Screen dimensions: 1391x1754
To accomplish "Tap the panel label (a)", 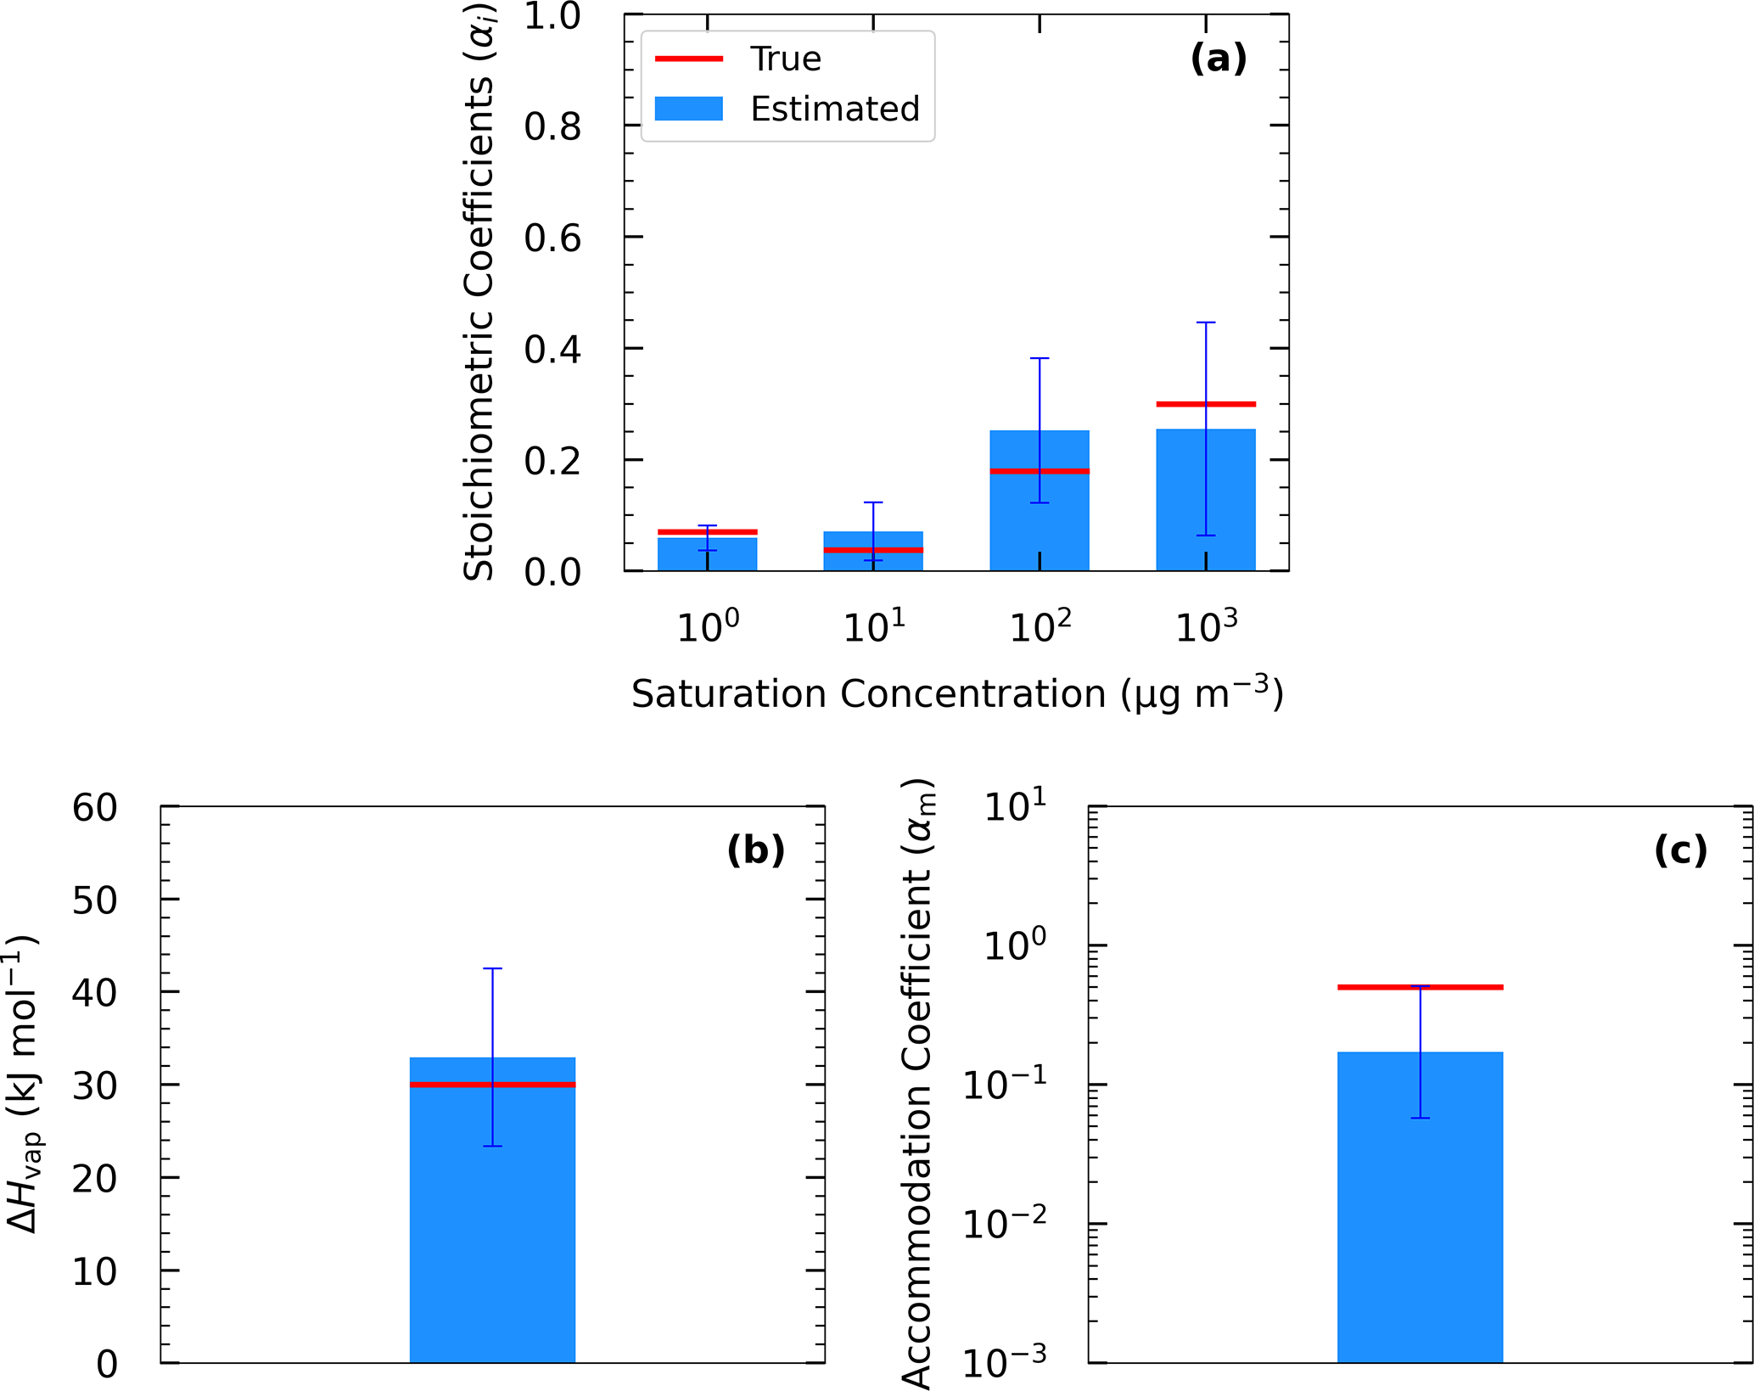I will point(1219,59).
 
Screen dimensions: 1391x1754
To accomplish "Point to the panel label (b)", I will point(755,850).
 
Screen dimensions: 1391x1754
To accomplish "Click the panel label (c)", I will point(1681,850).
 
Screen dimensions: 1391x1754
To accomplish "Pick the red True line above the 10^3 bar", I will point(1206,404).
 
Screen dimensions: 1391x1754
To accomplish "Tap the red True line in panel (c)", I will point(1420,987).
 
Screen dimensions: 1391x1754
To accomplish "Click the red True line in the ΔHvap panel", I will point(492,1085).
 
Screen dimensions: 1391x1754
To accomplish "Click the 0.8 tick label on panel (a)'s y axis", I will point(552,126).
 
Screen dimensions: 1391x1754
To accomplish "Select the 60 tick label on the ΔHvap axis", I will point(94,808).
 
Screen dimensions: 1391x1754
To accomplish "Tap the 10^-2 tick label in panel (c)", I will point(1005,1224).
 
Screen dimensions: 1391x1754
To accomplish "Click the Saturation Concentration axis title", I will point(957,693).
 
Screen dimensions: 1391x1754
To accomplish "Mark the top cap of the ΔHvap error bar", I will point(492,968).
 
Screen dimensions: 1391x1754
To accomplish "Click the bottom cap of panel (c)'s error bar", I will point(1420,1118).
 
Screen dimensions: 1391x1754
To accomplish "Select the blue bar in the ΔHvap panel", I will point(492,1231).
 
